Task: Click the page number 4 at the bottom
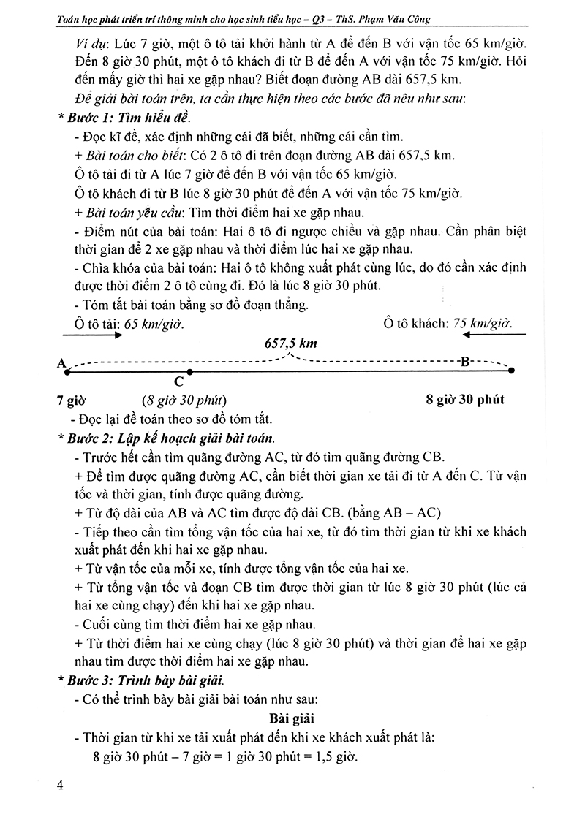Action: pos(61,786)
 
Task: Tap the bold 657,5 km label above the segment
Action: pos(291,343)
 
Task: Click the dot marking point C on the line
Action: pos(179,372)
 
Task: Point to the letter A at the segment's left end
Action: pos(60,362)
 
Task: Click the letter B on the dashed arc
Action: pos(464,361)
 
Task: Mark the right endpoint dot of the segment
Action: pos(512,371)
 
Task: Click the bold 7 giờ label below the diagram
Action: pos(71,400)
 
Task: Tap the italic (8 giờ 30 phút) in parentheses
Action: pos(185,400)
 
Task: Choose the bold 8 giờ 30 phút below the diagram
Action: pos(464,400)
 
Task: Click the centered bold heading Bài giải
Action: pos(292,718)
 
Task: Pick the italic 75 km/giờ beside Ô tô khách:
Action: pos(483,323)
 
